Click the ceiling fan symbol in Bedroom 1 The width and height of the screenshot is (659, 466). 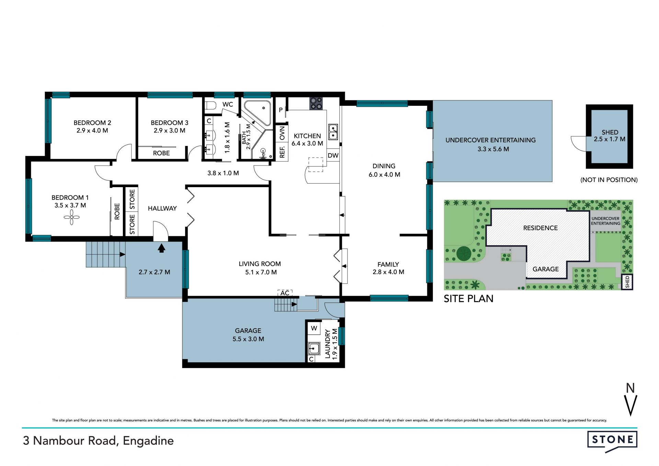(71, 217)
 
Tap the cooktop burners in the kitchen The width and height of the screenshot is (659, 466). (316, 103)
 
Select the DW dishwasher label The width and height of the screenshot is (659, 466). (333, 156)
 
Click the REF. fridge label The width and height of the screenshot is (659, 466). (282, 152)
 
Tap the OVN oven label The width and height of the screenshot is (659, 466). (282, 133)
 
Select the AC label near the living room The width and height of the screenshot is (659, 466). (285, 293)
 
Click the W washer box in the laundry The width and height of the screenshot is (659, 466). (314, 328)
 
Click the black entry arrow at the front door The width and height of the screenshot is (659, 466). (161, 248)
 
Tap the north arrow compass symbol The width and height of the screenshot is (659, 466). (631, 400)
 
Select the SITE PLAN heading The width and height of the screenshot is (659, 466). (469, 299)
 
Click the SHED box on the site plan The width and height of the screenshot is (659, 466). (627, 282)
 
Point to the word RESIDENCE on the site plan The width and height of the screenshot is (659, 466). (540, 228)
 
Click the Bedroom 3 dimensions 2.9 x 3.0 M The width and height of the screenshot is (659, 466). (170, 130)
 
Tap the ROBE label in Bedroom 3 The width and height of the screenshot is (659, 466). (161, 153)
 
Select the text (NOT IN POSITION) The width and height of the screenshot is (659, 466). (609, 180)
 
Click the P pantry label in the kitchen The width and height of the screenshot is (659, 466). (281, 110)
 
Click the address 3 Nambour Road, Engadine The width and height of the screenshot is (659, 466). (98, 441)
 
